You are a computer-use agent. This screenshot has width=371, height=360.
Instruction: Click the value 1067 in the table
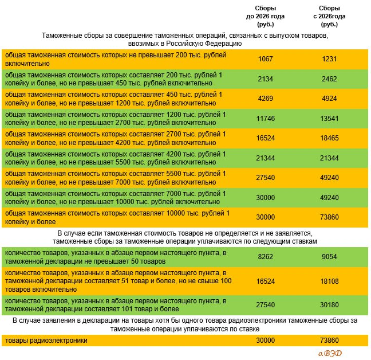tap(266, 59)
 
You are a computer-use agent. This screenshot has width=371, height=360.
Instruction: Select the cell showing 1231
tap(329, 59)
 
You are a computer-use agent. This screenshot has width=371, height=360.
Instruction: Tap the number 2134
tap(266, 79)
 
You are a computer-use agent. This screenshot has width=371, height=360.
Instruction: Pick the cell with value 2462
tap(329, 79)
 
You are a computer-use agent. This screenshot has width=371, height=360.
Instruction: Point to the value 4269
tap(266, 99)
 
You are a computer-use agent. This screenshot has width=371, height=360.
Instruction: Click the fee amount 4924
tap(329, 99)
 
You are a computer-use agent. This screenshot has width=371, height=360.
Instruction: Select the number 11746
tap(266, 119)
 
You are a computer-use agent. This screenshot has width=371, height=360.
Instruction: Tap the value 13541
tap(329, 119)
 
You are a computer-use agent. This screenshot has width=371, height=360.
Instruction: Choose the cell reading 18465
tap(329, 138)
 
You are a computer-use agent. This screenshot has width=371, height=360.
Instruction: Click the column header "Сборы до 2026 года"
tap(265, 17)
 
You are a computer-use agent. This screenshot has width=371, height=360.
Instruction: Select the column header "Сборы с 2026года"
tap(329, 17)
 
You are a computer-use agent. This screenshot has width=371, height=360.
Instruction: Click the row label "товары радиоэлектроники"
tap(46, 341)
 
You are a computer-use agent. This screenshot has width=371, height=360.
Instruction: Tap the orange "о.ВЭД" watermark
tap(330, 353)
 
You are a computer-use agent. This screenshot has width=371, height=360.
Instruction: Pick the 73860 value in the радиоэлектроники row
tap(329, 341)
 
